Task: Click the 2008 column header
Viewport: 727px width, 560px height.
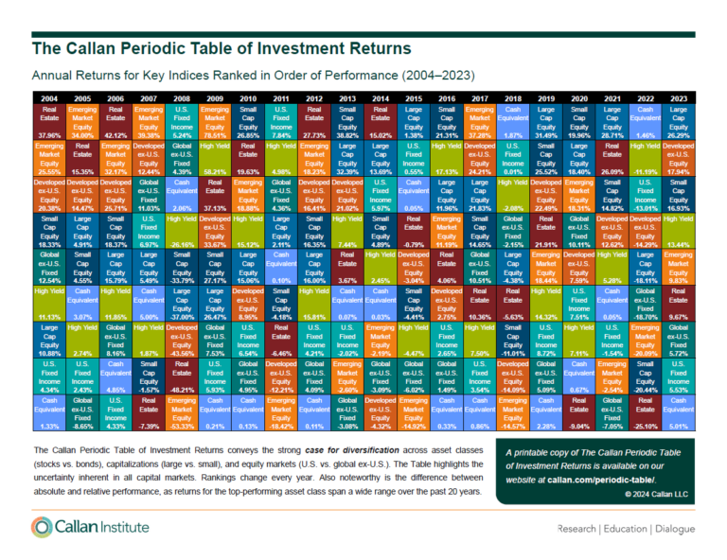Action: [183, 96]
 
